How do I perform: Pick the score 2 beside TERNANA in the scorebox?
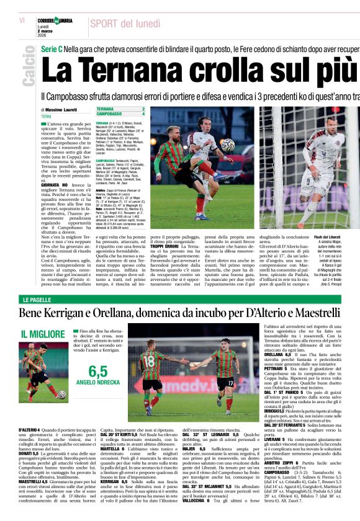tap(143, 109)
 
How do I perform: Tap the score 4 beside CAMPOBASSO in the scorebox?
tap(143, 114)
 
